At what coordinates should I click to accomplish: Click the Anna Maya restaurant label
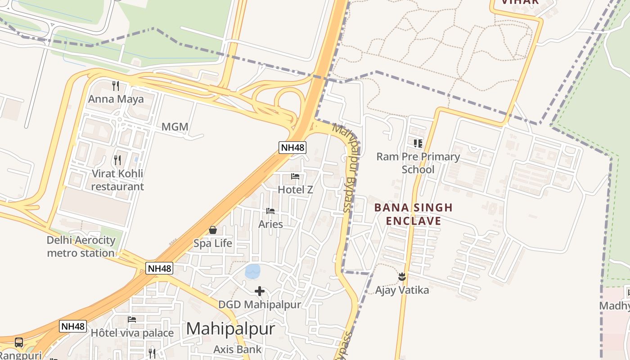(116, 99)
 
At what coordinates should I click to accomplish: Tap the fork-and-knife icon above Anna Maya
(116, 85)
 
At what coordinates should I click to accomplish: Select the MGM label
(175, 127)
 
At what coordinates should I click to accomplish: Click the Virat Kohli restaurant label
(117, 180)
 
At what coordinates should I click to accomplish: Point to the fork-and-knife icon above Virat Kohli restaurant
(117, 160)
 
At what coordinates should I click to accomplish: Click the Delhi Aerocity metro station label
(81, 247)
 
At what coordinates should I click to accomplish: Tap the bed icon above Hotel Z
(295, 176)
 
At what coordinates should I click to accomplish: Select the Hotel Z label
(295, 189)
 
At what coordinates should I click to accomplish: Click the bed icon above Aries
(270, 211)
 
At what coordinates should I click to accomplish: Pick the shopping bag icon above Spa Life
(213, 230)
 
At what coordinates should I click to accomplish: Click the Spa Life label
(213, 243)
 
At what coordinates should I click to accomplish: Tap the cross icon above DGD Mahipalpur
(260, 291)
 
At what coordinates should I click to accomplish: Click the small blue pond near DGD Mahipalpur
(252, 271)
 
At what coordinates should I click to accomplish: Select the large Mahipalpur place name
(230, 329)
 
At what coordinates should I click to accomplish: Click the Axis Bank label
(237, 349)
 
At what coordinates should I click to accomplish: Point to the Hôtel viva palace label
(132, 333)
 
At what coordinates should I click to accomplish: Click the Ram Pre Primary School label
(418, 163)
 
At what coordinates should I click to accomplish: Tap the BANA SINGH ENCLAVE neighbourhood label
(413, 214)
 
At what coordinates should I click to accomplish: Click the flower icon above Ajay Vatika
(402, 277)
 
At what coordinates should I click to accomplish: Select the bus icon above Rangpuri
(19, 342)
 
